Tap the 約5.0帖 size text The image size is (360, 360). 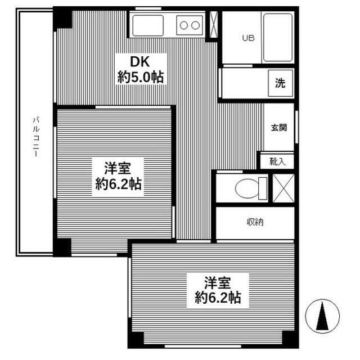point(141,77)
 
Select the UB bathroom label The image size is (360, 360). point(247,38)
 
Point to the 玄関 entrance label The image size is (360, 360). point(279,128)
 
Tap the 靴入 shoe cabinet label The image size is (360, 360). point(277,161)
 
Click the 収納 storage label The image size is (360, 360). point(254,222)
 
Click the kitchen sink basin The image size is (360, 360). point(147,25)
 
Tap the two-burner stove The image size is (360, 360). point(190,25)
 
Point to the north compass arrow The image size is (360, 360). point(323,316)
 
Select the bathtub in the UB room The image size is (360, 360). point(277,38)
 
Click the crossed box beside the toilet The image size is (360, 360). point(283,188)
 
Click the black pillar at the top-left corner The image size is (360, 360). point(62,17)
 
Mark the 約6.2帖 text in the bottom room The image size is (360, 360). point(218,298)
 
